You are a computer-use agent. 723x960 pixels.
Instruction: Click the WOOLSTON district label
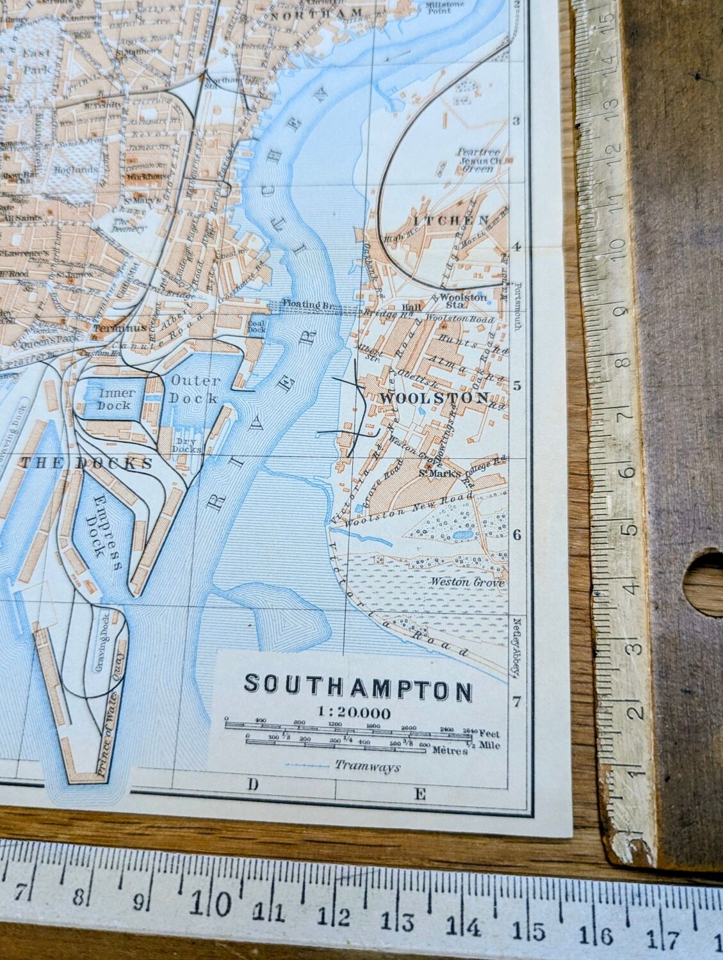click(x=434, y=397)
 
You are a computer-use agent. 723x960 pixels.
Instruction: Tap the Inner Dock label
click(x=114, y=399)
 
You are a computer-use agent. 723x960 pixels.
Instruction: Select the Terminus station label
click(x=115, y=328)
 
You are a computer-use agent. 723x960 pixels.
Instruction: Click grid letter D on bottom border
click(x=252, y=784)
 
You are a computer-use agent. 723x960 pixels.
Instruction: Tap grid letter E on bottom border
click(x=419, y=794)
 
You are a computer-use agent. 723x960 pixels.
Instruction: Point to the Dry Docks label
click(x=186, y=444)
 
